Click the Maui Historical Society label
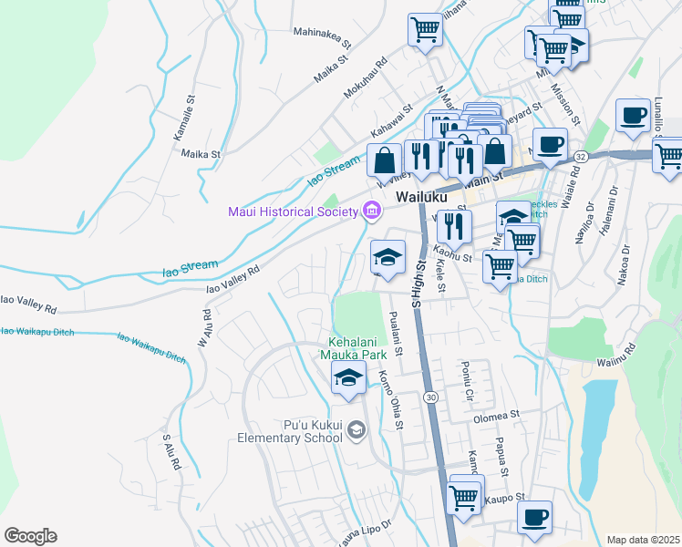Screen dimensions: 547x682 click(x=292, y=212)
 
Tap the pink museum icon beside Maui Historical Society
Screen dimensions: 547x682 click(x=370, y=212)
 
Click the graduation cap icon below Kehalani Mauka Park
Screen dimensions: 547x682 click(x=348, y=379)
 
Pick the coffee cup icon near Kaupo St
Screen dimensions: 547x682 click(x=535, y=517)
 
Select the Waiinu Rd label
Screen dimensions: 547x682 click(x=617, y=348)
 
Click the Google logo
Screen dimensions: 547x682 click(x=31, y=536)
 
